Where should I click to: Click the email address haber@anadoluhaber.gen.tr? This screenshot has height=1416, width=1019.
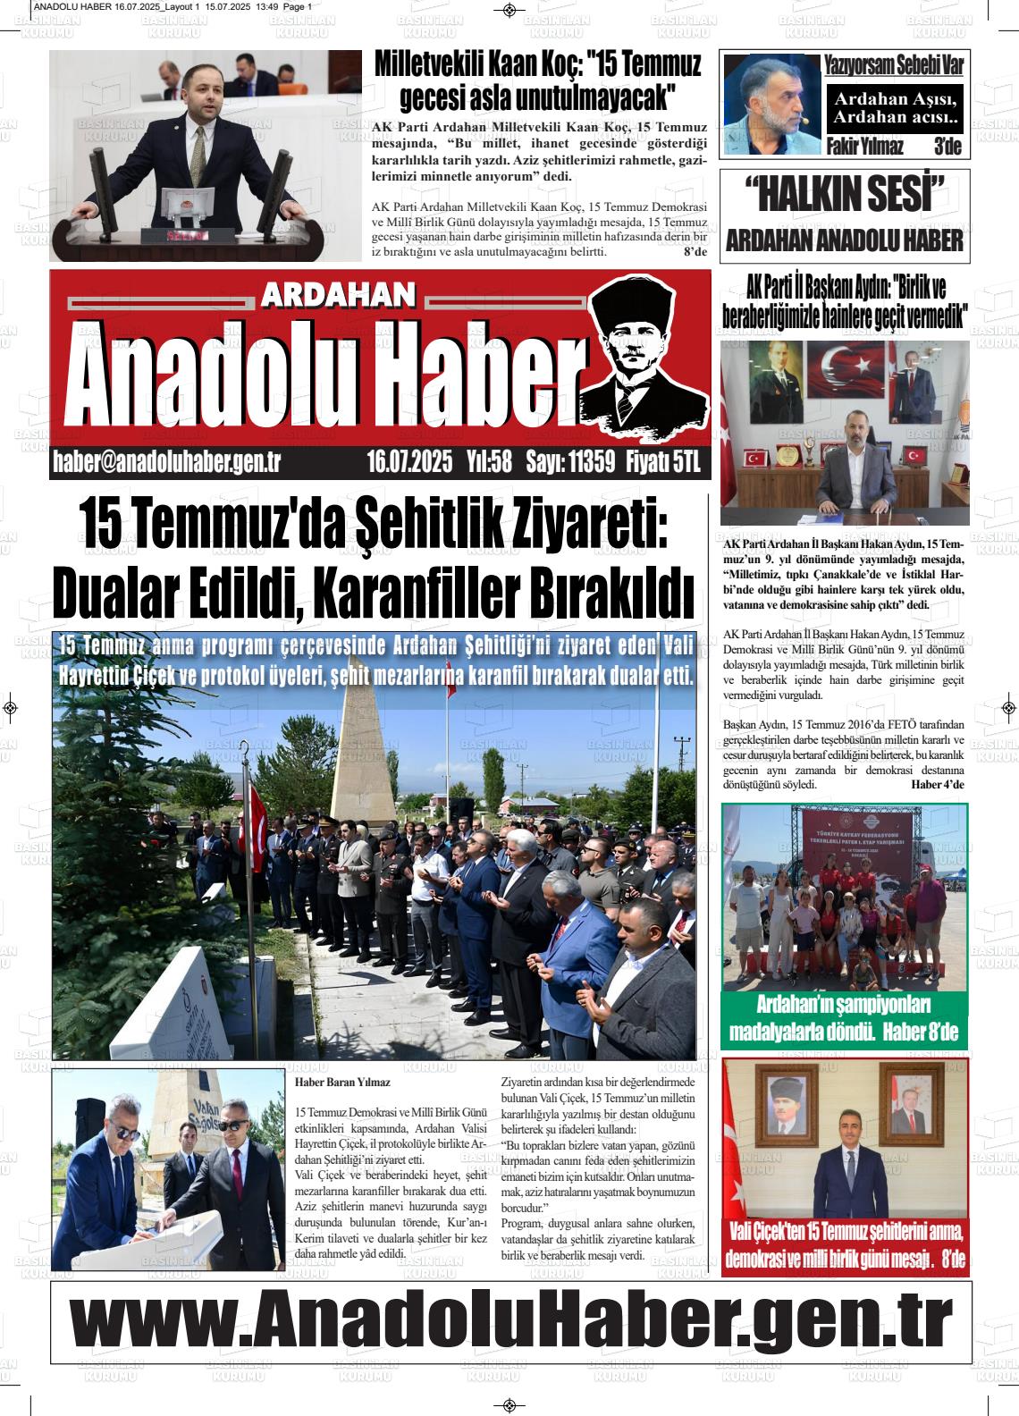click(168, 461)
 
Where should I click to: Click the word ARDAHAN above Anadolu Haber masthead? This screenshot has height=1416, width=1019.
click(339, 297)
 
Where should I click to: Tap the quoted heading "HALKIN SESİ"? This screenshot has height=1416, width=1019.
click(844, 195)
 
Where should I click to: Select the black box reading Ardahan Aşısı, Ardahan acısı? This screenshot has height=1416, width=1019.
click(894, 108)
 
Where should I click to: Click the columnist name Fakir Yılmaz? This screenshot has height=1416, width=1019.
click(863, 147)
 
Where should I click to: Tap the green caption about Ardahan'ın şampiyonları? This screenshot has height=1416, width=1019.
click(844, 1018)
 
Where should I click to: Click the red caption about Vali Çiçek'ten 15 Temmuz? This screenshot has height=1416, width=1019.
click(844, 1245)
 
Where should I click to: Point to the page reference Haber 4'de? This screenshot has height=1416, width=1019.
click(938, 784)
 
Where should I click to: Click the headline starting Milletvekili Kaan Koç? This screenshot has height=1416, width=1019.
click(536, 79)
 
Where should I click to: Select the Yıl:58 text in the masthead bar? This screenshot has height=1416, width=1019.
click(488, 461)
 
